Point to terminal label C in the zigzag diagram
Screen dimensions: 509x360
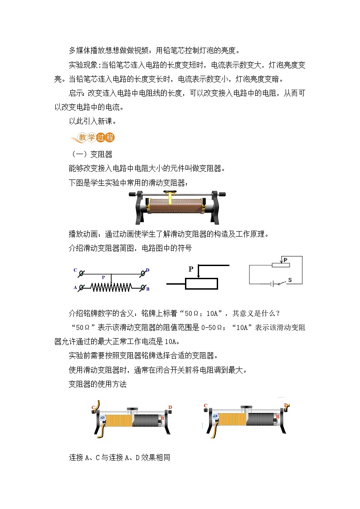tap(75, 271)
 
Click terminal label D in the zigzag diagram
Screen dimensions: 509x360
tap(148, 271)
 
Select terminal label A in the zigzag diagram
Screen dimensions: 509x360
tap(75, 287)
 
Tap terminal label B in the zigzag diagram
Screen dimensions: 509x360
tap(148, 288)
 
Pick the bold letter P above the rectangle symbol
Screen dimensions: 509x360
tap(191, 269)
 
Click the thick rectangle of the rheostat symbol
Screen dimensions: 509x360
tap(201, 284)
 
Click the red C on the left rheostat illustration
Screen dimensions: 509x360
tap(93, 407)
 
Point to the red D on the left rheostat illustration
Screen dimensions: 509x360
tap(170, 407)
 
